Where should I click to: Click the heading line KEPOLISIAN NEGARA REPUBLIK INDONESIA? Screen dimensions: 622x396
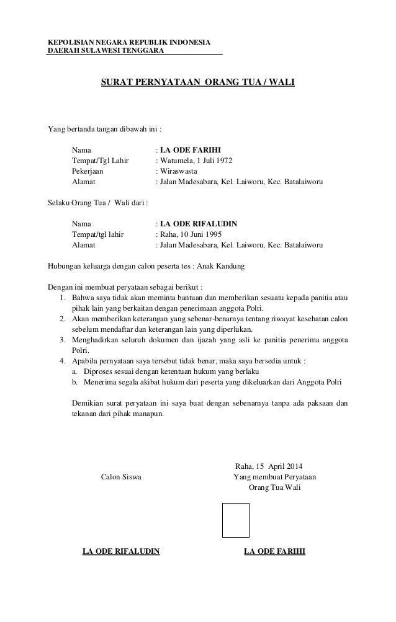tap(129, 42)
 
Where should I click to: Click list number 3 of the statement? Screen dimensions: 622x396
tap(63, 340)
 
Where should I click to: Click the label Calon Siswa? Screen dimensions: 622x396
tap(121, 477)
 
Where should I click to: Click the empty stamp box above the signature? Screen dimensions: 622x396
tap(236, 520)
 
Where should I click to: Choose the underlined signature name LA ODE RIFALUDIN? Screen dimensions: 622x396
tap(121, 551)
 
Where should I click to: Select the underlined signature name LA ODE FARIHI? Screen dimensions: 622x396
tap(275, 551)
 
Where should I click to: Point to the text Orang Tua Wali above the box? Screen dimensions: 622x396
tap(274, 487)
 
